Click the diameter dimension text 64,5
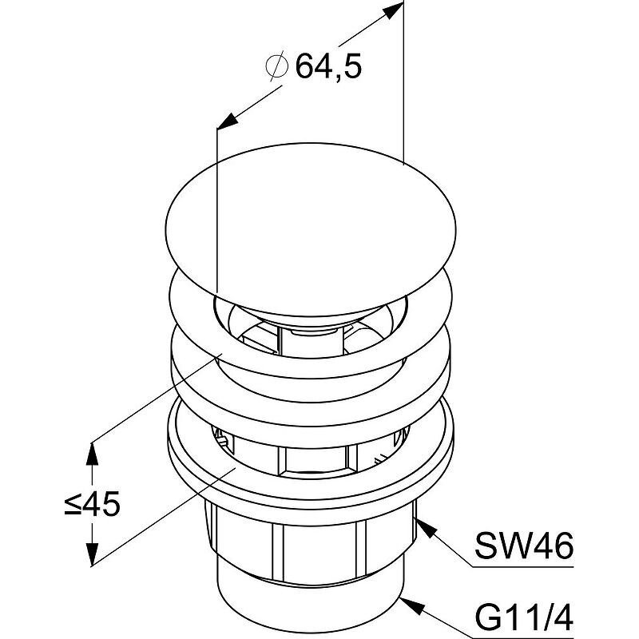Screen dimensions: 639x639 click(x=328, y=66)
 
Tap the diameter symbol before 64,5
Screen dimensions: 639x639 click(x=277, y=67)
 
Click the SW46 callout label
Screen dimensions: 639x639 click(x=524, y=546)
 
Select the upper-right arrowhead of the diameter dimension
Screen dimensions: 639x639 click(x=391, y=10)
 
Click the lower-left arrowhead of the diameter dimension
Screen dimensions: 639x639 click(x=228, y=121)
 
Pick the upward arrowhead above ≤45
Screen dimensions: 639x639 click(x=93, y=454)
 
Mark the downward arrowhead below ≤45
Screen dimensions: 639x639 click(x=93, y=553)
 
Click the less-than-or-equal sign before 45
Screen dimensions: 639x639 click(x=73, y=504)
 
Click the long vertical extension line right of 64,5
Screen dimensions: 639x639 click(x=403, y=82)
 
